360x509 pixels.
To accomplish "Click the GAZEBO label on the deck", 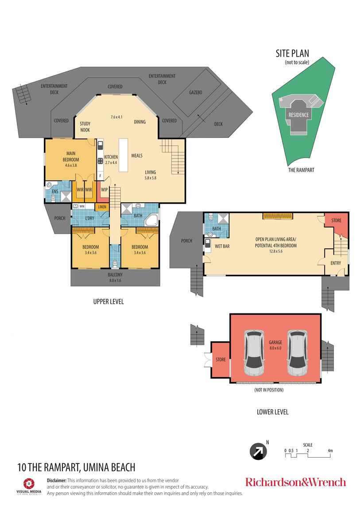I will pyautogui.click(x=195, y=93).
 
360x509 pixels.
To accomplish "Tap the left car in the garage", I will pyautogui.click(x=255, y=352).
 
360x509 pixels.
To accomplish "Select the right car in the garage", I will pyautogui.click(x=296, y=352).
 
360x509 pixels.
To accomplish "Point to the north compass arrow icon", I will pyautogui.click(x=256, y=451).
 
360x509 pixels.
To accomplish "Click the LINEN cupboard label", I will pyautogui.click(x=102, y=207).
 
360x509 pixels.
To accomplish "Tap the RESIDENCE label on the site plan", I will pyautogui.click(x=298, y=115).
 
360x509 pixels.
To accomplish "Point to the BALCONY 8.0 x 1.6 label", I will pyautogui.click(x=115, y=277).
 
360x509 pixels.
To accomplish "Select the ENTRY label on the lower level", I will pyautogui.click(x=336, y=263).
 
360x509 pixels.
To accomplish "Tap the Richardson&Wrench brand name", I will pyautogui.click(x=295, y=482).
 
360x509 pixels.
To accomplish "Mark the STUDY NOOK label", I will pyautogui.click(x=85, y=127).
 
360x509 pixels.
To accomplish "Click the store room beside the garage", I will pyautogui.click(x=220, y=359).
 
